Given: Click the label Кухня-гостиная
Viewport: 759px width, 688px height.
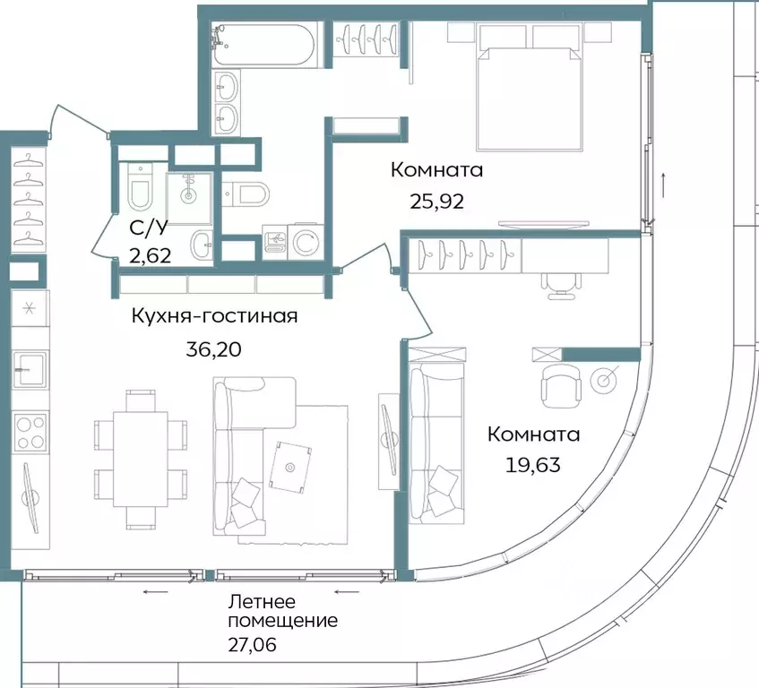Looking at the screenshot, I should point(214,316).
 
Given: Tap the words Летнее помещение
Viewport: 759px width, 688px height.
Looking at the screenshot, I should point(282,611).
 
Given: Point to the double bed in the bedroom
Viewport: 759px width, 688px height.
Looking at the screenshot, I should point(531,90).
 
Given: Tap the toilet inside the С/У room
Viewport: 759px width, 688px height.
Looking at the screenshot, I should point(140,189).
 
